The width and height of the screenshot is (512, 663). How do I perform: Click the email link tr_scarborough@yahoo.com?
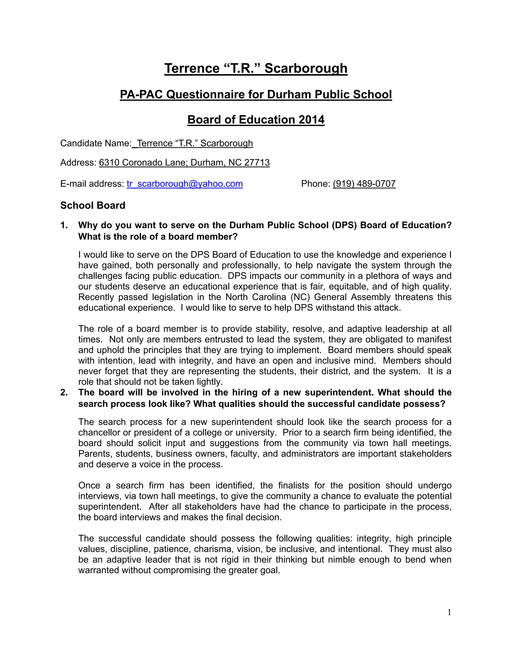[184, 184]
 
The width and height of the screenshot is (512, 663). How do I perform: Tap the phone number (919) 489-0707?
[364, 184]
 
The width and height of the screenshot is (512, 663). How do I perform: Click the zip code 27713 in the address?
[257, 163]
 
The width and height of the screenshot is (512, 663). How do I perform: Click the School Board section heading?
[92, 205]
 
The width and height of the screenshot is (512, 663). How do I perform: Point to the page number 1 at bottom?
[449, 613]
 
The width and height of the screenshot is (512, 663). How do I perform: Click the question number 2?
[64, 393]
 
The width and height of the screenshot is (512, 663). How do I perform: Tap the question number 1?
[64, 225]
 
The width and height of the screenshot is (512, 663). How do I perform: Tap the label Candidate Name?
[96, 143]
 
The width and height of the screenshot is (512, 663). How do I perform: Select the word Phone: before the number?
[315, 184]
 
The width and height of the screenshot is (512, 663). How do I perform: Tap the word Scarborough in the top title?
[305, 68]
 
